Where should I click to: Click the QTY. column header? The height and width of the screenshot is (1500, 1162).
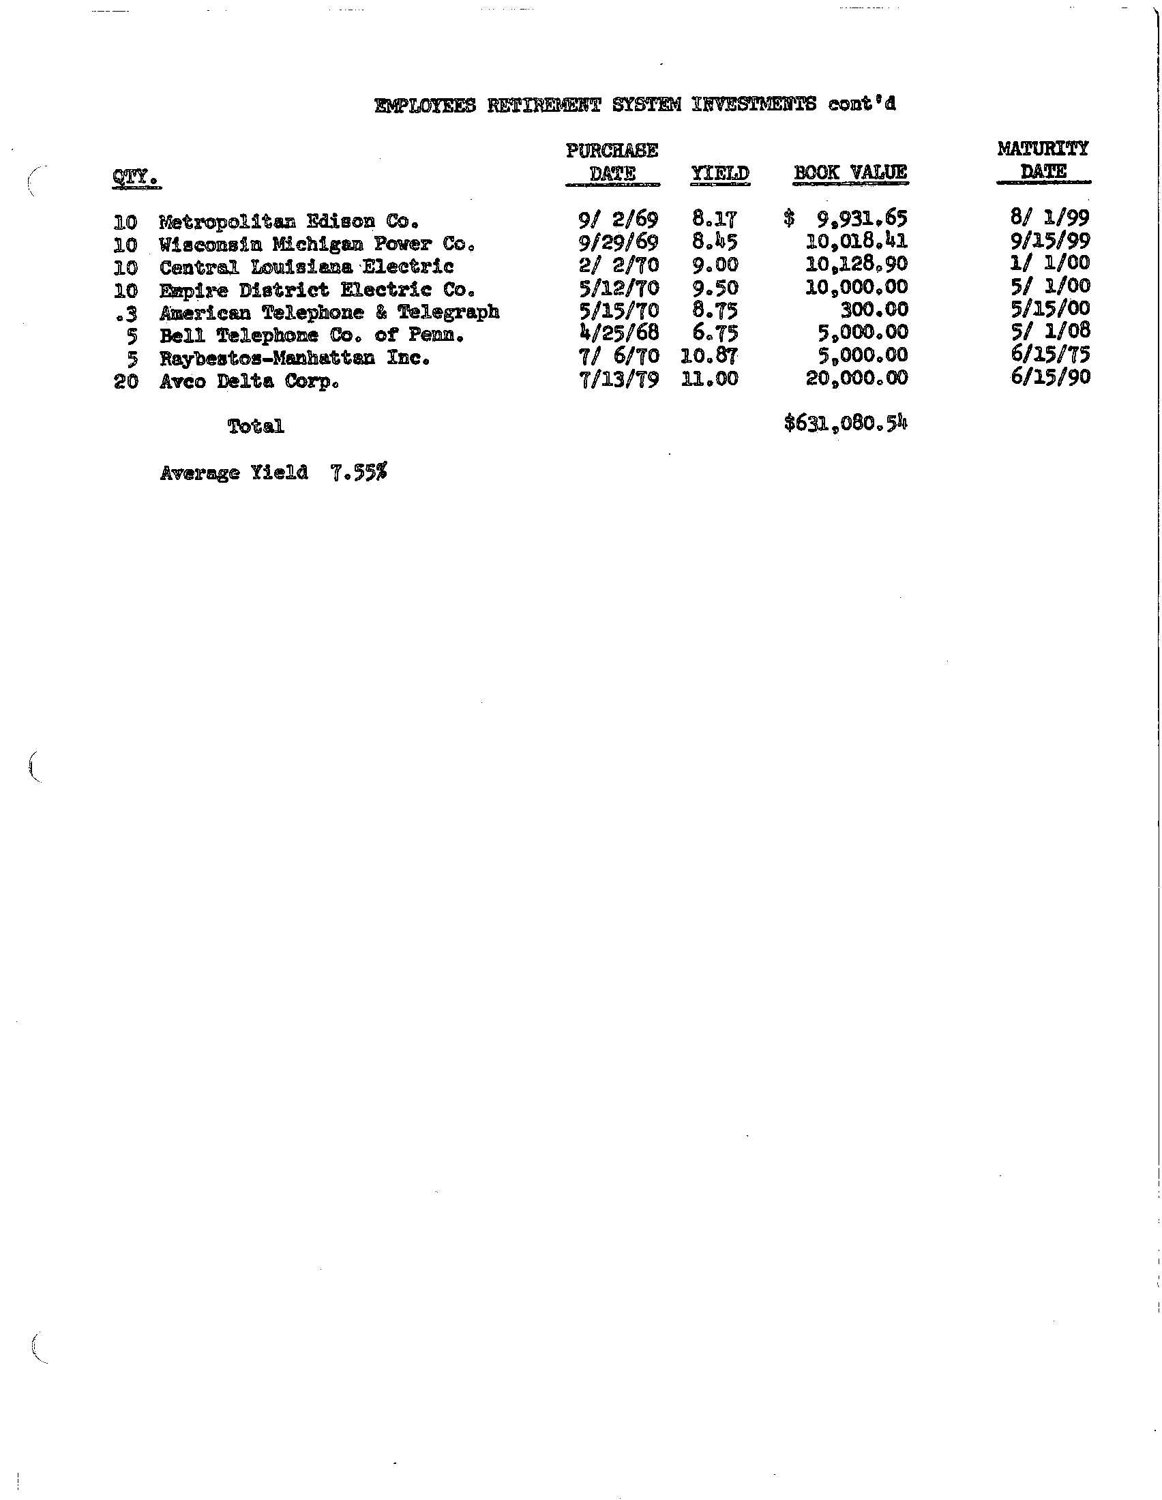(x=135, y=178)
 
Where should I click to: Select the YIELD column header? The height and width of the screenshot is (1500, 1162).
(x=719, y=173)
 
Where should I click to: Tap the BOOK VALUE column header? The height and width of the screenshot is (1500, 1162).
(x=850, y=172)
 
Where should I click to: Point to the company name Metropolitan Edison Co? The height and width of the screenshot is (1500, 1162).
(x=288, y=222)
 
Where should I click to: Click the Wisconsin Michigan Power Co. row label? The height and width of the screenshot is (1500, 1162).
(x=316, y=245)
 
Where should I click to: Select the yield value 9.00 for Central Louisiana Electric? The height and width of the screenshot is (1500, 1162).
(x=715, y=265)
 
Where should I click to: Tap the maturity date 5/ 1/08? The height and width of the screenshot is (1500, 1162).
(x=1050, y=331)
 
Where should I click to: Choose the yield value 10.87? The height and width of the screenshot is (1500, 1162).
(x=709, y=356)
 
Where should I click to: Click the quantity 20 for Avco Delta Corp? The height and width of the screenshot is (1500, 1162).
(x=125, y=381)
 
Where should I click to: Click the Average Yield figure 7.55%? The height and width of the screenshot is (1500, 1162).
(x=359, y=472)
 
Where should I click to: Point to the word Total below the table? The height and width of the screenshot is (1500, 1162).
(x=256, y=427)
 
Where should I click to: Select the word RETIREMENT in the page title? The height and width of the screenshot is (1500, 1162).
(x=543, y=105)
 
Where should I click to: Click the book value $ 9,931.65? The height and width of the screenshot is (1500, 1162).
(x=846, y=219)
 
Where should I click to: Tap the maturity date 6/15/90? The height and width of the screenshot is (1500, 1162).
(x=1050, y=376)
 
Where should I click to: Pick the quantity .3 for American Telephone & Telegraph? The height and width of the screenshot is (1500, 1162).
(x=127, y=312)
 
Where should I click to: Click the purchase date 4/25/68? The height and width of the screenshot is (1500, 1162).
(x=619, y=333)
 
